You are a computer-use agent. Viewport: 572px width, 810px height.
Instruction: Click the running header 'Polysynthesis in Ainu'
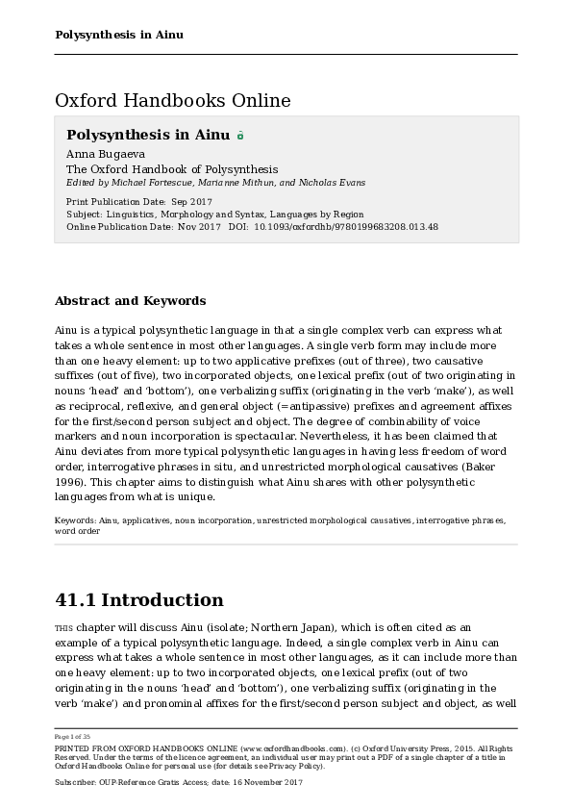[119, 35]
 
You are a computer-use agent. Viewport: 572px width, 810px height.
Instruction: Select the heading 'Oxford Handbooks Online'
[173, 100]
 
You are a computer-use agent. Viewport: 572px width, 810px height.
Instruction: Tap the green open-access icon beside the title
[240, 136]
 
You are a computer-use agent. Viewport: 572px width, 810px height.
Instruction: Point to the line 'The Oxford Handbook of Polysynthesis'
[172, 168]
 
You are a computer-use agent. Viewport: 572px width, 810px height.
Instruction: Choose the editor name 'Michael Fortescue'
[149, 183]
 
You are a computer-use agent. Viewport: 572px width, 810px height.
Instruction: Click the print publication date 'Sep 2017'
[191, 201]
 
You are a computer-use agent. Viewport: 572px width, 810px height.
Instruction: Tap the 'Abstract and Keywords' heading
[130, 300]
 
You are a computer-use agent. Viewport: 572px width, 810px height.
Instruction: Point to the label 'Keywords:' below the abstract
[76, 520]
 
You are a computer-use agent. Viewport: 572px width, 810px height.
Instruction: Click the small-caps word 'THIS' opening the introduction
[63, 627]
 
